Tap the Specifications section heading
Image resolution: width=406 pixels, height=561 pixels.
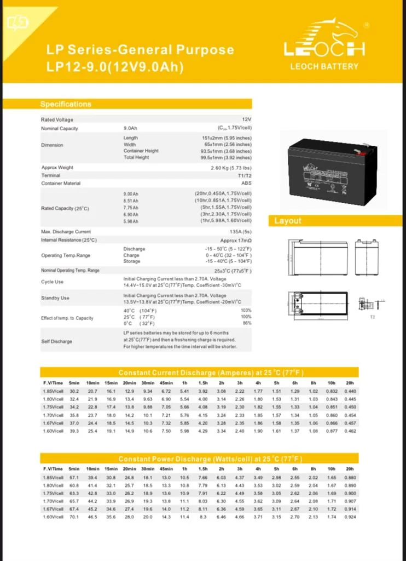coord(66,104)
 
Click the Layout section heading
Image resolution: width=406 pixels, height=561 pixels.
coord(288,221)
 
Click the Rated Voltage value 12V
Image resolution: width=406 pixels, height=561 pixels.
coord(247,119)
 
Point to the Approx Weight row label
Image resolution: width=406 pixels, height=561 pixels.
coord(57,168)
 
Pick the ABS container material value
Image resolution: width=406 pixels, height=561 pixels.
coord(246,183)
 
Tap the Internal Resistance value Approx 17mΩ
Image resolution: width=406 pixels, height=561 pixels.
coord(236,240)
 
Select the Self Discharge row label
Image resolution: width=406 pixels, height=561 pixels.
coord(56,341)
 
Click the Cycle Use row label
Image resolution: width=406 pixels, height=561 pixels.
coord(52,282)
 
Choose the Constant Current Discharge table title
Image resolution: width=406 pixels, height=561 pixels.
coord(211,373)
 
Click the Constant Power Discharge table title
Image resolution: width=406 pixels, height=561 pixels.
coord(211,459)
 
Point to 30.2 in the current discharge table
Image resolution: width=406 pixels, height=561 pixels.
coord(74,391)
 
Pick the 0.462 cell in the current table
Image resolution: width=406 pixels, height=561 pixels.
coord(350,431)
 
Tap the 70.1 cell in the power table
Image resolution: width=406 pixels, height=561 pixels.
coord(74,517)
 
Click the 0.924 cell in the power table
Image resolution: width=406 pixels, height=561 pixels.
coord(350,517)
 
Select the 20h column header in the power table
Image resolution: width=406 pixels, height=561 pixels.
coord(350,469)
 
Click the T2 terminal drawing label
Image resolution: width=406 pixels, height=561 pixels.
coord(373,317)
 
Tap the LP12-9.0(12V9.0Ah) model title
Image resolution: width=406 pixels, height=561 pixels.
coord(115,67)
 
